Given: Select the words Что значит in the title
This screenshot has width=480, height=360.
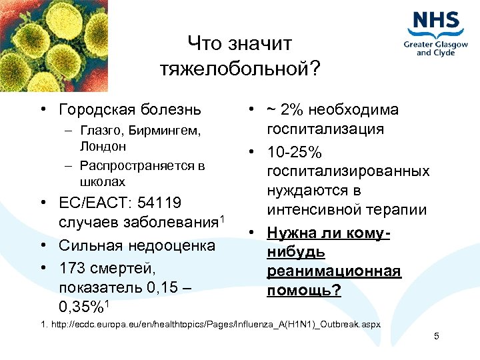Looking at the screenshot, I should tap(239, 44).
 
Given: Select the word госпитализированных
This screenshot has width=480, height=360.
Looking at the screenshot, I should tap(348, 171).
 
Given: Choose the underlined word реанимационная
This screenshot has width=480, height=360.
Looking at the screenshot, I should tap(334, 271).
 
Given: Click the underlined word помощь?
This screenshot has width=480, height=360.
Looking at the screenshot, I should tap(303, 291).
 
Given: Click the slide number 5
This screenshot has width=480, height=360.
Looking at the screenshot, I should tap(436, 336).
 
